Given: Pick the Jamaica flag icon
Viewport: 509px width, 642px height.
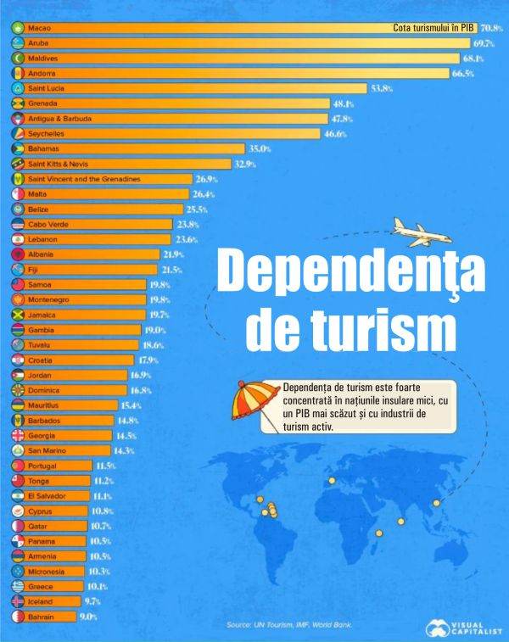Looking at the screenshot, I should click(x=18, y=315).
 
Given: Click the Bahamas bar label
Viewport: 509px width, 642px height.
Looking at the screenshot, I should click(x=43, y=148).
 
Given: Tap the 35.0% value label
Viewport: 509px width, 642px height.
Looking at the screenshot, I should click(x=259, y=148).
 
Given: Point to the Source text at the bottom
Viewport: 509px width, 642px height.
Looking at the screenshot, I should click(x=289, y=625).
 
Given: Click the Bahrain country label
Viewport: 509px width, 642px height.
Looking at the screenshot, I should click(x=41, y=617).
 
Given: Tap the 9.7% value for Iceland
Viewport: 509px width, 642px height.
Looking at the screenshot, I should click(x=92, y=601).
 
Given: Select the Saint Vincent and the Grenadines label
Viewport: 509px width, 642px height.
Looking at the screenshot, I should click(x=84, y=179).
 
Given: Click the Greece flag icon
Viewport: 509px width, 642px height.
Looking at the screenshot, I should click(x=18, y=586).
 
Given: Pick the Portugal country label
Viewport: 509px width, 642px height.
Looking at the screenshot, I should click(x=43, y=466).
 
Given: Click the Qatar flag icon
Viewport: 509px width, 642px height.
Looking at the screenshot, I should click(x=18, y=526).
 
